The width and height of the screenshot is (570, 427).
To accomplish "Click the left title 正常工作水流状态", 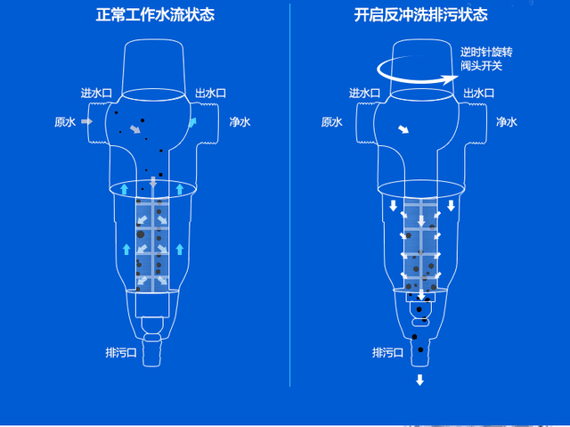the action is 155,15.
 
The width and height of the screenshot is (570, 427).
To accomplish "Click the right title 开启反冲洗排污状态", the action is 421,15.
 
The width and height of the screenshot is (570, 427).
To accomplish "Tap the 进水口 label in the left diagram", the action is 96,93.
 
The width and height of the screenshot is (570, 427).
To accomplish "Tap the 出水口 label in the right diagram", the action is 479,93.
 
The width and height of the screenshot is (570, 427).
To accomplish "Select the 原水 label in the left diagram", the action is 65,122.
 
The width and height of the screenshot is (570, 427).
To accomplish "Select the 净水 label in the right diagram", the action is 507,122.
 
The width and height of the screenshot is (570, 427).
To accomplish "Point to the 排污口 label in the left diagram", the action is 121,352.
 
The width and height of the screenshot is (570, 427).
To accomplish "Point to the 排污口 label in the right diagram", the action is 388,352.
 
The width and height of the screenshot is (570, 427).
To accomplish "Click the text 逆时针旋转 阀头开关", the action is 486,59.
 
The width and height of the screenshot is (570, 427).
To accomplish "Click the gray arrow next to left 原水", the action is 87,121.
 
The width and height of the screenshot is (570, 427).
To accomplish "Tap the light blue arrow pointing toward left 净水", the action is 192,122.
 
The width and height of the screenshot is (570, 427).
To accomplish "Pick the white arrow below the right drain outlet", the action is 419,380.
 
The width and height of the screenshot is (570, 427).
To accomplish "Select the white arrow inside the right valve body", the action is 403,129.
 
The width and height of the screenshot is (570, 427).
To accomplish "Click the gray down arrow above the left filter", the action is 153,182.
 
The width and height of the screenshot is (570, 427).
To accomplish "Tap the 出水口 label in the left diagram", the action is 210,93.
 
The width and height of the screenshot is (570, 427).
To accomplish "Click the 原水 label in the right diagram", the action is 332,122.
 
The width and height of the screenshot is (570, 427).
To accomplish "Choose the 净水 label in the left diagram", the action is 240,122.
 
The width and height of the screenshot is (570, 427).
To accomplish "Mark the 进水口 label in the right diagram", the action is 364,93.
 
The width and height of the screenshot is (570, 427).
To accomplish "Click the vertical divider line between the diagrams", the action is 289,195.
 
